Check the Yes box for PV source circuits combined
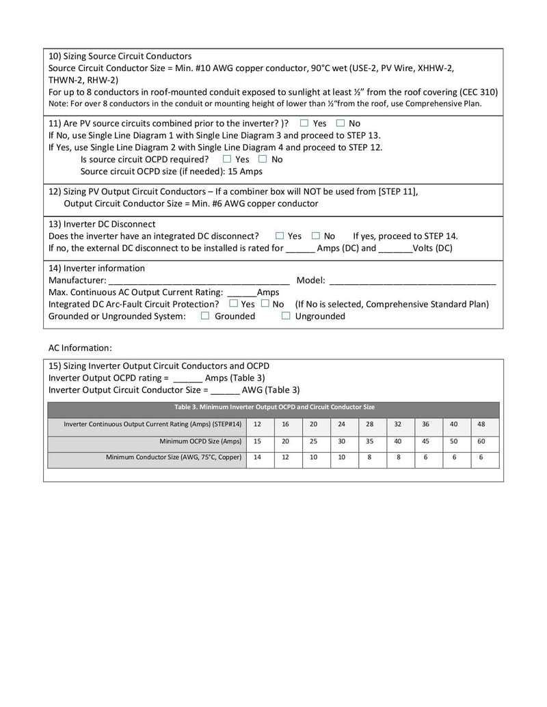click(x=304, y=123)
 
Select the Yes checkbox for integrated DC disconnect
click(x=280, y=236)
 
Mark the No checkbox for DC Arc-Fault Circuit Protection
click(x=265, y=303)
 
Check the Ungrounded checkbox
click(x=286, y=316)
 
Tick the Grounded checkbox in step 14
click(x=205, y=316)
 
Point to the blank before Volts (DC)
click(x=395, y=248)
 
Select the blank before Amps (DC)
click(x=299, y=248)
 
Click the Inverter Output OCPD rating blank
click(x=188, y=378)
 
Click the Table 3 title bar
click(x=273, y=407)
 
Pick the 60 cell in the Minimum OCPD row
click(x=481, y=441)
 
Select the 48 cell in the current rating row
click(x=481, y=424)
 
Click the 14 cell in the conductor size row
click(x=257, y=458)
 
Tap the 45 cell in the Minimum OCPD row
click(x=425, y=441)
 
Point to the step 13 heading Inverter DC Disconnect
click(x=102, y=223)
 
